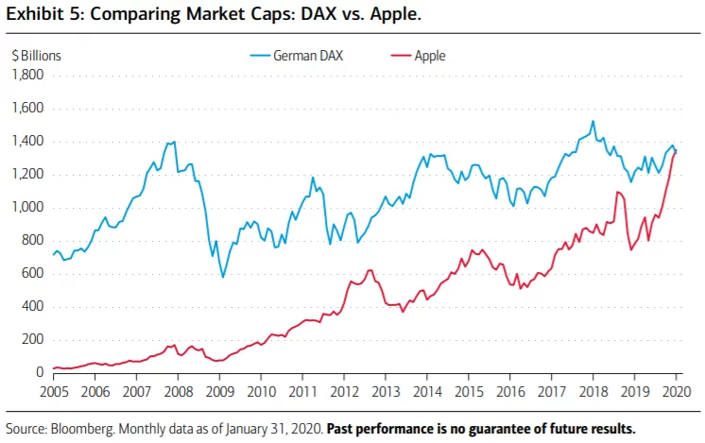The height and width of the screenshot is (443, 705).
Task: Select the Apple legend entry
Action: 430,56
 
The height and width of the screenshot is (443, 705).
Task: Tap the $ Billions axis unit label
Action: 35,56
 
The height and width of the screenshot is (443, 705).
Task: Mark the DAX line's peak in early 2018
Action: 593,121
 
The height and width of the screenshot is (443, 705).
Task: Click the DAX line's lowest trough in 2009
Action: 222,276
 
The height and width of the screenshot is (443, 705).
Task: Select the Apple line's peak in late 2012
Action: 370,270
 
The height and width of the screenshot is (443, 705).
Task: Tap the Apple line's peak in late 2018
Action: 618,193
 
